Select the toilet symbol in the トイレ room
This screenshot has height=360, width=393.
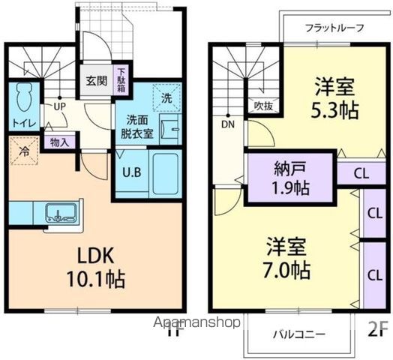(x=23, y=97)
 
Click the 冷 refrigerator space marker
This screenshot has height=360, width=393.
(x=23, y=150)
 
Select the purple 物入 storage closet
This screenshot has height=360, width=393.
(x=58, y=142)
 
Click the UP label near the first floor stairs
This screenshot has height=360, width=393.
(x=59, y=106)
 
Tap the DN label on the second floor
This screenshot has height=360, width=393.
(x=227, y=125)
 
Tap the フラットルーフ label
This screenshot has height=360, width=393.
(x=335, y=28)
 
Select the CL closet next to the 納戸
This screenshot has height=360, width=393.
(x=361, y=172)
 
